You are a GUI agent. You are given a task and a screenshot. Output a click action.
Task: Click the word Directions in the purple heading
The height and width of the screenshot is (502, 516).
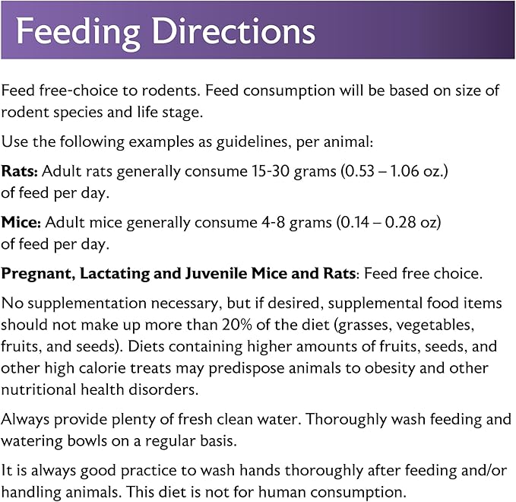pyautogui.click(x=233, y=31)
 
